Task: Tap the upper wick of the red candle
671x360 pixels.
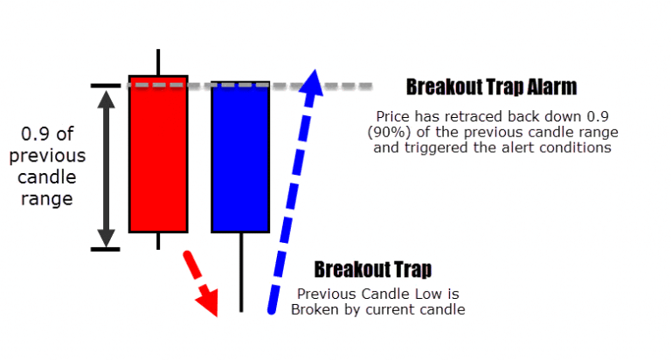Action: coord(158,61)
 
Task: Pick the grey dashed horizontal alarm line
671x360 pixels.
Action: coord(349,86)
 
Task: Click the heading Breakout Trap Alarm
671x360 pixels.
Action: coord(491,87)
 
